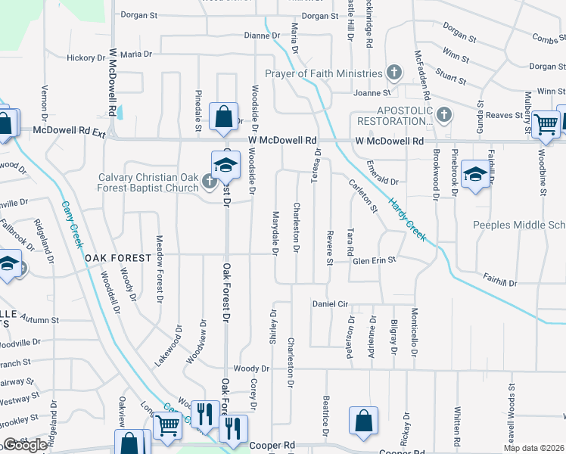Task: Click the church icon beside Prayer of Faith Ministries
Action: coord(393,73)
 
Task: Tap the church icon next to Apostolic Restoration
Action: coord(444,115)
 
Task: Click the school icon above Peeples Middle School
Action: coord(474,176)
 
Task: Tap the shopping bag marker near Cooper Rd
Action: coord(363,422)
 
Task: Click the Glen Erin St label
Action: coord(375,260)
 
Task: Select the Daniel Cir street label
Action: coord(330,304)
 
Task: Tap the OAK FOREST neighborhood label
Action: coord(118,258)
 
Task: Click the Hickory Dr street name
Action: coord(86,58)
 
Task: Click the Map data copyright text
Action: coord(533,448)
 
